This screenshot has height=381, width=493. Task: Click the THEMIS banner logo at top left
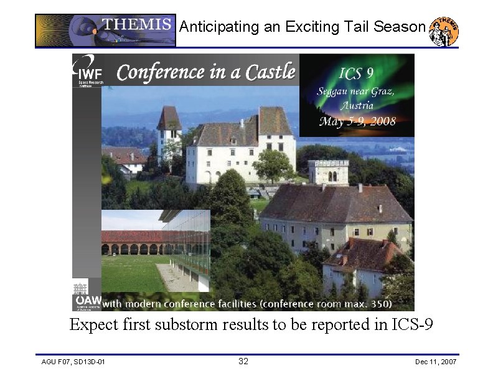click(x=105, y=31)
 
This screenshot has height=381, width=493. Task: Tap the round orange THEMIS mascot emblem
click(x=444, y=31)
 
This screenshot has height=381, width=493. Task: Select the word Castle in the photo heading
click(x=270, y=72)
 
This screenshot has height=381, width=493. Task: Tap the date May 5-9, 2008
click(x=357, y=121)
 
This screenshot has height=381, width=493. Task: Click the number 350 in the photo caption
click(x=378, y=304)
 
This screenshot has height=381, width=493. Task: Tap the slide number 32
click(x=243, y=362)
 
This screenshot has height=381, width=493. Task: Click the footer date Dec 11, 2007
click(x=436, y=362)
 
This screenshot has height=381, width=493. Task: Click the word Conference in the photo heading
click(x=161, y=72)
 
